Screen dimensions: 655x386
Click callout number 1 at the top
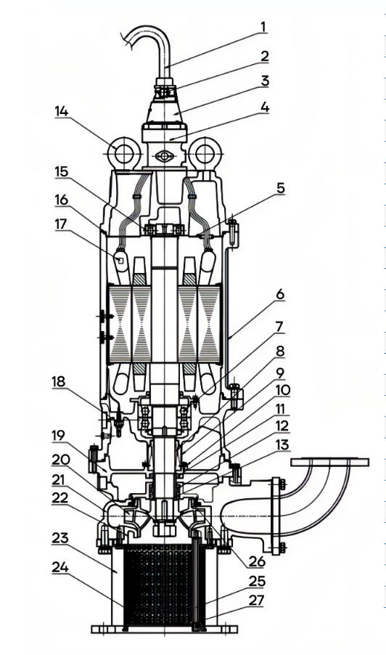(263, 28)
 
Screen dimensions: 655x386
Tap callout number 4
(265, 107)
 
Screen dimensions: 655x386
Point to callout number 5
(279, 188)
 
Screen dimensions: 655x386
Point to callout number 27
(258, 601)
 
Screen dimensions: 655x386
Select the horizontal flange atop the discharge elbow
(324, 463)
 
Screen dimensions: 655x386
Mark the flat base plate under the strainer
(160, 628)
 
